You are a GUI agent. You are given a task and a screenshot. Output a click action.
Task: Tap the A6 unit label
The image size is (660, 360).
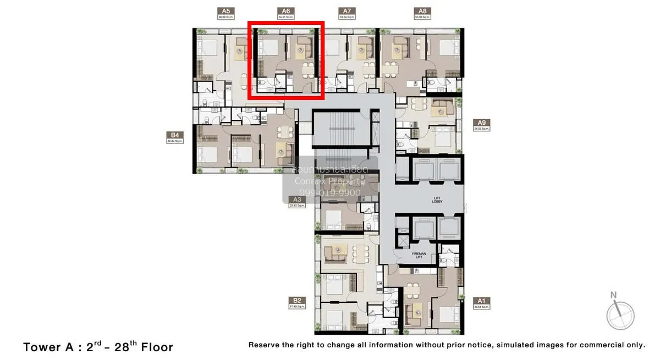click(285, 11)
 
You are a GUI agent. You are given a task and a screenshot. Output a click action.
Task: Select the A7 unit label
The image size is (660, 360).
click(346, 11)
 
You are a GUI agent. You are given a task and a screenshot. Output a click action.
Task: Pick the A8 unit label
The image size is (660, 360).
click(422, 11)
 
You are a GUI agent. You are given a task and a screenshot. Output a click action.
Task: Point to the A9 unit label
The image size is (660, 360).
click(482, 123)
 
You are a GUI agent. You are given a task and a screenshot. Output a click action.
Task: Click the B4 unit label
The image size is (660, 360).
click(175, 135)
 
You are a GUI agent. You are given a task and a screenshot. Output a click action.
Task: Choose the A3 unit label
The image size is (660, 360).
click(297, 200)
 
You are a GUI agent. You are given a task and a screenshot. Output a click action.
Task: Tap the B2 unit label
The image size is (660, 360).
click(297, 301)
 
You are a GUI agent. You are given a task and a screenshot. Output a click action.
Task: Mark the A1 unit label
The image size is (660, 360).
click(481, 301)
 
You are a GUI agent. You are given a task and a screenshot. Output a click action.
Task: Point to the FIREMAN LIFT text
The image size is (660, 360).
click(419, 256)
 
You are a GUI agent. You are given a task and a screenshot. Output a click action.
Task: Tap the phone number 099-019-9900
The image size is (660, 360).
click(327, 193)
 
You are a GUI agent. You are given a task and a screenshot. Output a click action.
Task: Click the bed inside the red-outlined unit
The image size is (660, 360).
click(269, 52)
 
